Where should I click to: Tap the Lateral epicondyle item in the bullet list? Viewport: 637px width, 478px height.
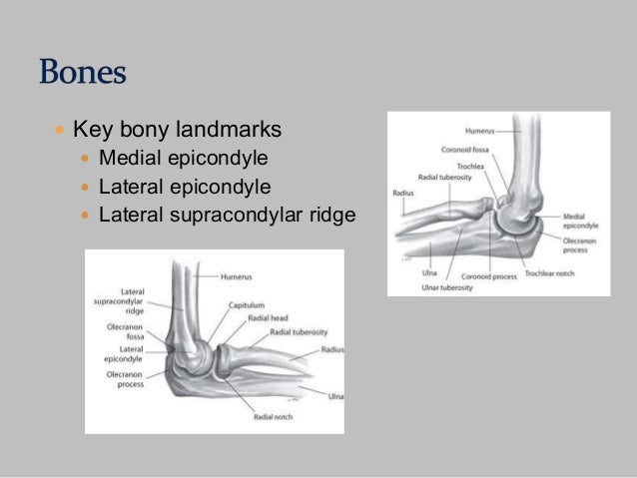point(185,186)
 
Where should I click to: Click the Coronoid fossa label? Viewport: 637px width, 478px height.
point(464,150)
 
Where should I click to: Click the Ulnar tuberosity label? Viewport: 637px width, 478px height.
point(440,287)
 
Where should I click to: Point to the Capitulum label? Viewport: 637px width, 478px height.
point(246,304)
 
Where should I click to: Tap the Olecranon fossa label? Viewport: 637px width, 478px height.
point(128,331)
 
